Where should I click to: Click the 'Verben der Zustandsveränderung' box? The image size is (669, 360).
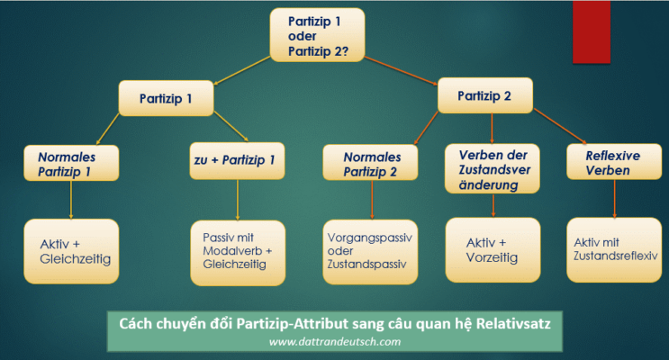(x=492, y=167)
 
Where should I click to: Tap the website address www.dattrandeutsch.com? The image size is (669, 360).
(x=332, y=341)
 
